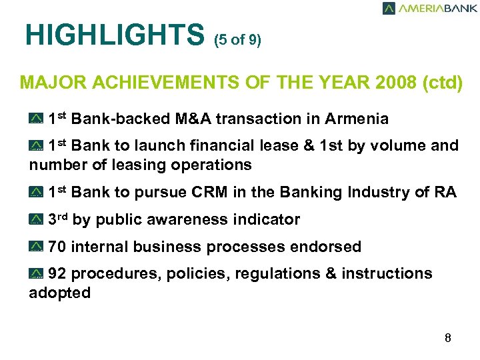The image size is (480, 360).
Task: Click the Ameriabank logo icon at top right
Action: [x=389, y=9]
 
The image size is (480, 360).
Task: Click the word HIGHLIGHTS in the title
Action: [x=113, y=35]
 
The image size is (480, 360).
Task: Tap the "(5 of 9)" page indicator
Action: [x=237, y=41]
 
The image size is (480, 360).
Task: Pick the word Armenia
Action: [x=357, y=119]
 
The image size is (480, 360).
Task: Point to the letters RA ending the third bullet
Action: [x=445, y=193]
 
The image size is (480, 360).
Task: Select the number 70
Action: [x=57, y=247]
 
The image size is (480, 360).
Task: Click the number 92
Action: [x=57, y=274]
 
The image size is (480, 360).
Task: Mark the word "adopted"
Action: [x=60, y=293]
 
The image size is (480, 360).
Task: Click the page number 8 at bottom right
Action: [x=448, y=338]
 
